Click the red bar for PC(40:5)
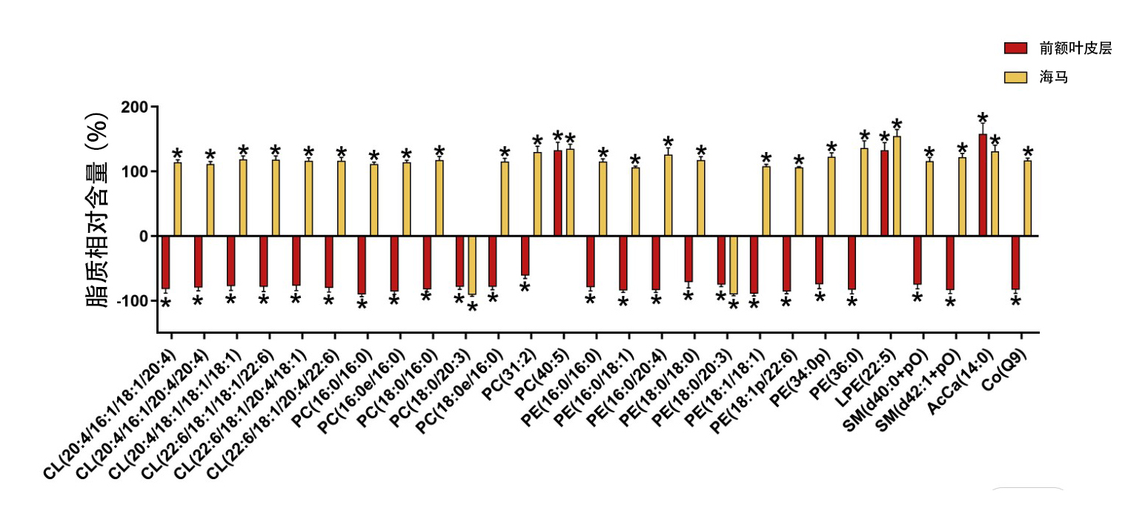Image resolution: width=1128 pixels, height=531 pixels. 557,193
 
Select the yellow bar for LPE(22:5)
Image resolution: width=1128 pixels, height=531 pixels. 897,186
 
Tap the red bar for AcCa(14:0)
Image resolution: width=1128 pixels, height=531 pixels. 983,185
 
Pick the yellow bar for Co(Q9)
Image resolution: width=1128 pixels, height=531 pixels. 1028,198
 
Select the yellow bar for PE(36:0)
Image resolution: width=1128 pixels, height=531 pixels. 864,192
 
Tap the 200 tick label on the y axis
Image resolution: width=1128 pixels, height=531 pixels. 135,108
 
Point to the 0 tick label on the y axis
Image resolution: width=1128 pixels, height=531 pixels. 144,237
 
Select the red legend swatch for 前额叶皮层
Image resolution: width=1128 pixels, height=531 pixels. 1015,48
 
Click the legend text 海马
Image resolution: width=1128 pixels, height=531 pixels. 1053,77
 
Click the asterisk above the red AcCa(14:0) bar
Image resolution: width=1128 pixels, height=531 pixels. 983,119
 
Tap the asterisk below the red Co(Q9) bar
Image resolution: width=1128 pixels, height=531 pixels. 1016,303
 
